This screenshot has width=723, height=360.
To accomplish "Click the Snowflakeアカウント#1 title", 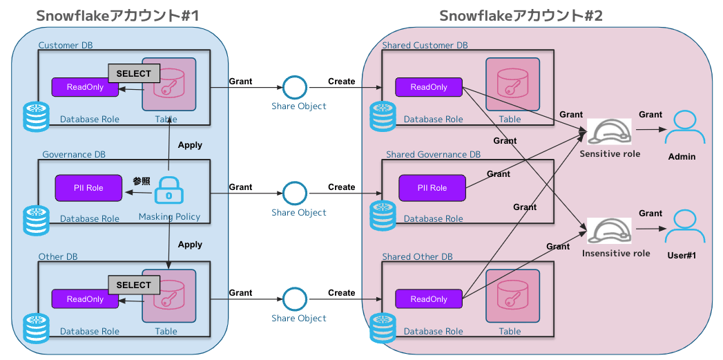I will point(117,15).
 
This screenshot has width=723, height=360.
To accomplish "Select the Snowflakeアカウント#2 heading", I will point(521,15).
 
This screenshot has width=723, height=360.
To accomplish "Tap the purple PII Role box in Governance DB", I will point(89,188).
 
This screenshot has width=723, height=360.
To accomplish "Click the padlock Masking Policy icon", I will point(168,190).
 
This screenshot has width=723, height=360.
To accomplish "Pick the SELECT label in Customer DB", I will point(133,73).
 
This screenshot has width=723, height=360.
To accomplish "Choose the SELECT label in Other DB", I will point(133,285).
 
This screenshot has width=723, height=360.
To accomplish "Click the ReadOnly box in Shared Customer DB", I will point(428,87).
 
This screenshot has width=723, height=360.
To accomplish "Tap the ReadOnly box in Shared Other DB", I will point(428,299).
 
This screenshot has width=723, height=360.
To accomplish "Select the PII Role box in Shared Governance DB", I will point(432,188).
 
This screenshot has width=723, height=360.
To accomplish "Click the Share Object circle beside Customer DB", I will point(295,88).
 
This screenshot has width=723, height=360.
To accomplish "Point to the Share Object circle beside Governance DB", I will point(295,193).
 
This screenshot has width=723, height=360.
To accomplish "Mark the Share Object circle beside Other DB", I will point(295,299).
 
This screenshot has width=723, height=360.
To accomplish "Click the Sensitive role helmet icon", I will point(609,132).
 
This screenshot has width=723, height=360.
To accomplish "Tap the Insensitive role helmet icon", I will point(609,231).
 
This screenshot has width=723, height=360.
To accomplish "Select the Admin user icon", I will point(681,128).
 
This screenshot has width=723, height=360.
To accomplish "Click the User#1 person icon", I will point(681,227).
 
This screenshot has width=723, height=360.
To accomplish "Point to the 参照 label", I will point(142,181).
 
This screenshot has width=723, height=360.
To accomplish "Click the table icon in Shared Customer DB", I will point(512,84).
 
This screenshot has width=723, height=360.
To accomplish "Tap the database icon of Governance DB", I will point(36,216).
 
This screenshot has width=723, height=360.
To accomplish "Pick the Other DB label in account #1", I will point(58,257).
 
